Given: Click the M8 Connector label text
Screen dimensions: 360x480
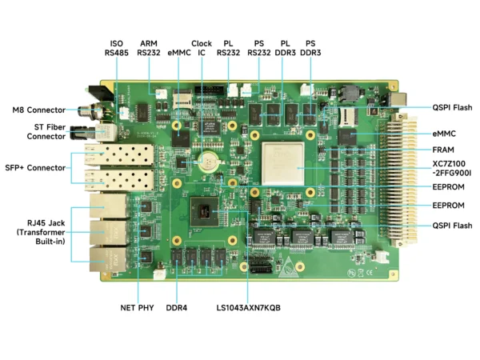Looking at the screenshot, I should (x=38, y=110).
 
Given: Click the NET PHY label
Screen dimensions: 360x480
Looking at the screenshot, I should (x=138, y=307).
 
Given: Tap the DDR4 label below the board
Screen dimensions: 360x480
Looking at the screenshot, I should (x=176, y=307).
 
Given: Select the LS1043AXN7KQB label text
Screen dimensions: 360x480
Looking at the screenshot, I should (x=248, y=307).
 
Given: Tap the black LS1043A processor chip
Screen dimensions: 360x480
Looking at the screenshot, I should (x=207, y=212).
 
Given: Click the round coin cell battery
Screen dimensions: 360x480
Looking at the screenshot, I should (x=209, y=160).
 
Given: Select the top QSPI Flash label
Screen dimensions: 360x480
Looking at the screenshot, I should (x=452, y=107).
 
